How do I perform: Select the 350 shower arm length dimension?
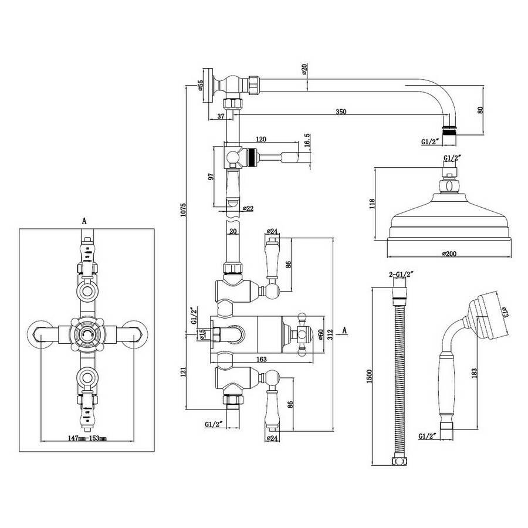341,111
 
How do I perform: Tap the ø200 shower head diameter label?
449,253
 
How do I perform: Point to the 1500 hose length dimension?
370,376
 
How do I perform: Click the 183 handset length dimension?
474,373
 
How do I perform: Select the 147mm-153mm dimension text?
87,438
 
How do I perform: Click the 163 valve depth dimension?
261,359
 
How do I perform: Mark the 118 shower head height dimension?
372,204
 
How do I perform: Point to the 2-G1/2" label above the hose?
401,275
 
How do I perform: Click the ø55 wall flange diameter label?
201,85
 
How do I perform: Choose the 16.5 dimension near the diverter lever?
306,140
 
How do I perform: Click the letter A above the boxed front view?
84,221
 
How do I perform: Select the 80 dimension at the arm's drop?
480,110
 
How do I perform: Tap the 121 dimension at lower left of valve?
183,372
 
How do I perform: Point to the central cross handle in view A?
87,334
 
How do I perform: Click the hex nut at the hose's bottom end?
399,461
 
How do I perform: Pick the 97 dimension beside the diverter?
211,177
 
